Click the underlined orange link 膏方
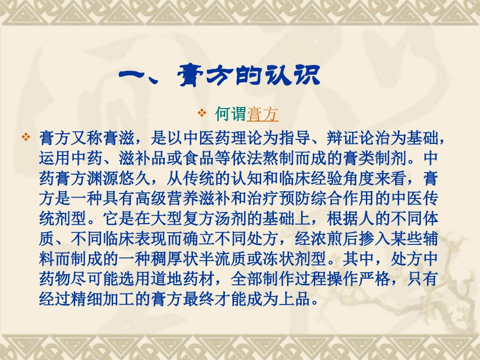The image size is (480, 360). [x=263, y=115]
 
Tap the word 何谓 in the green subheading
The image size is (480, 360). [x=230, y=115]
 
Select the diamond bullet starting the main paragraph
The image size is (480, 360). [x=26, y=137]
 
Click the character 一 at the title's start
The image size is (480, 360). [x=134, y=77]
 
